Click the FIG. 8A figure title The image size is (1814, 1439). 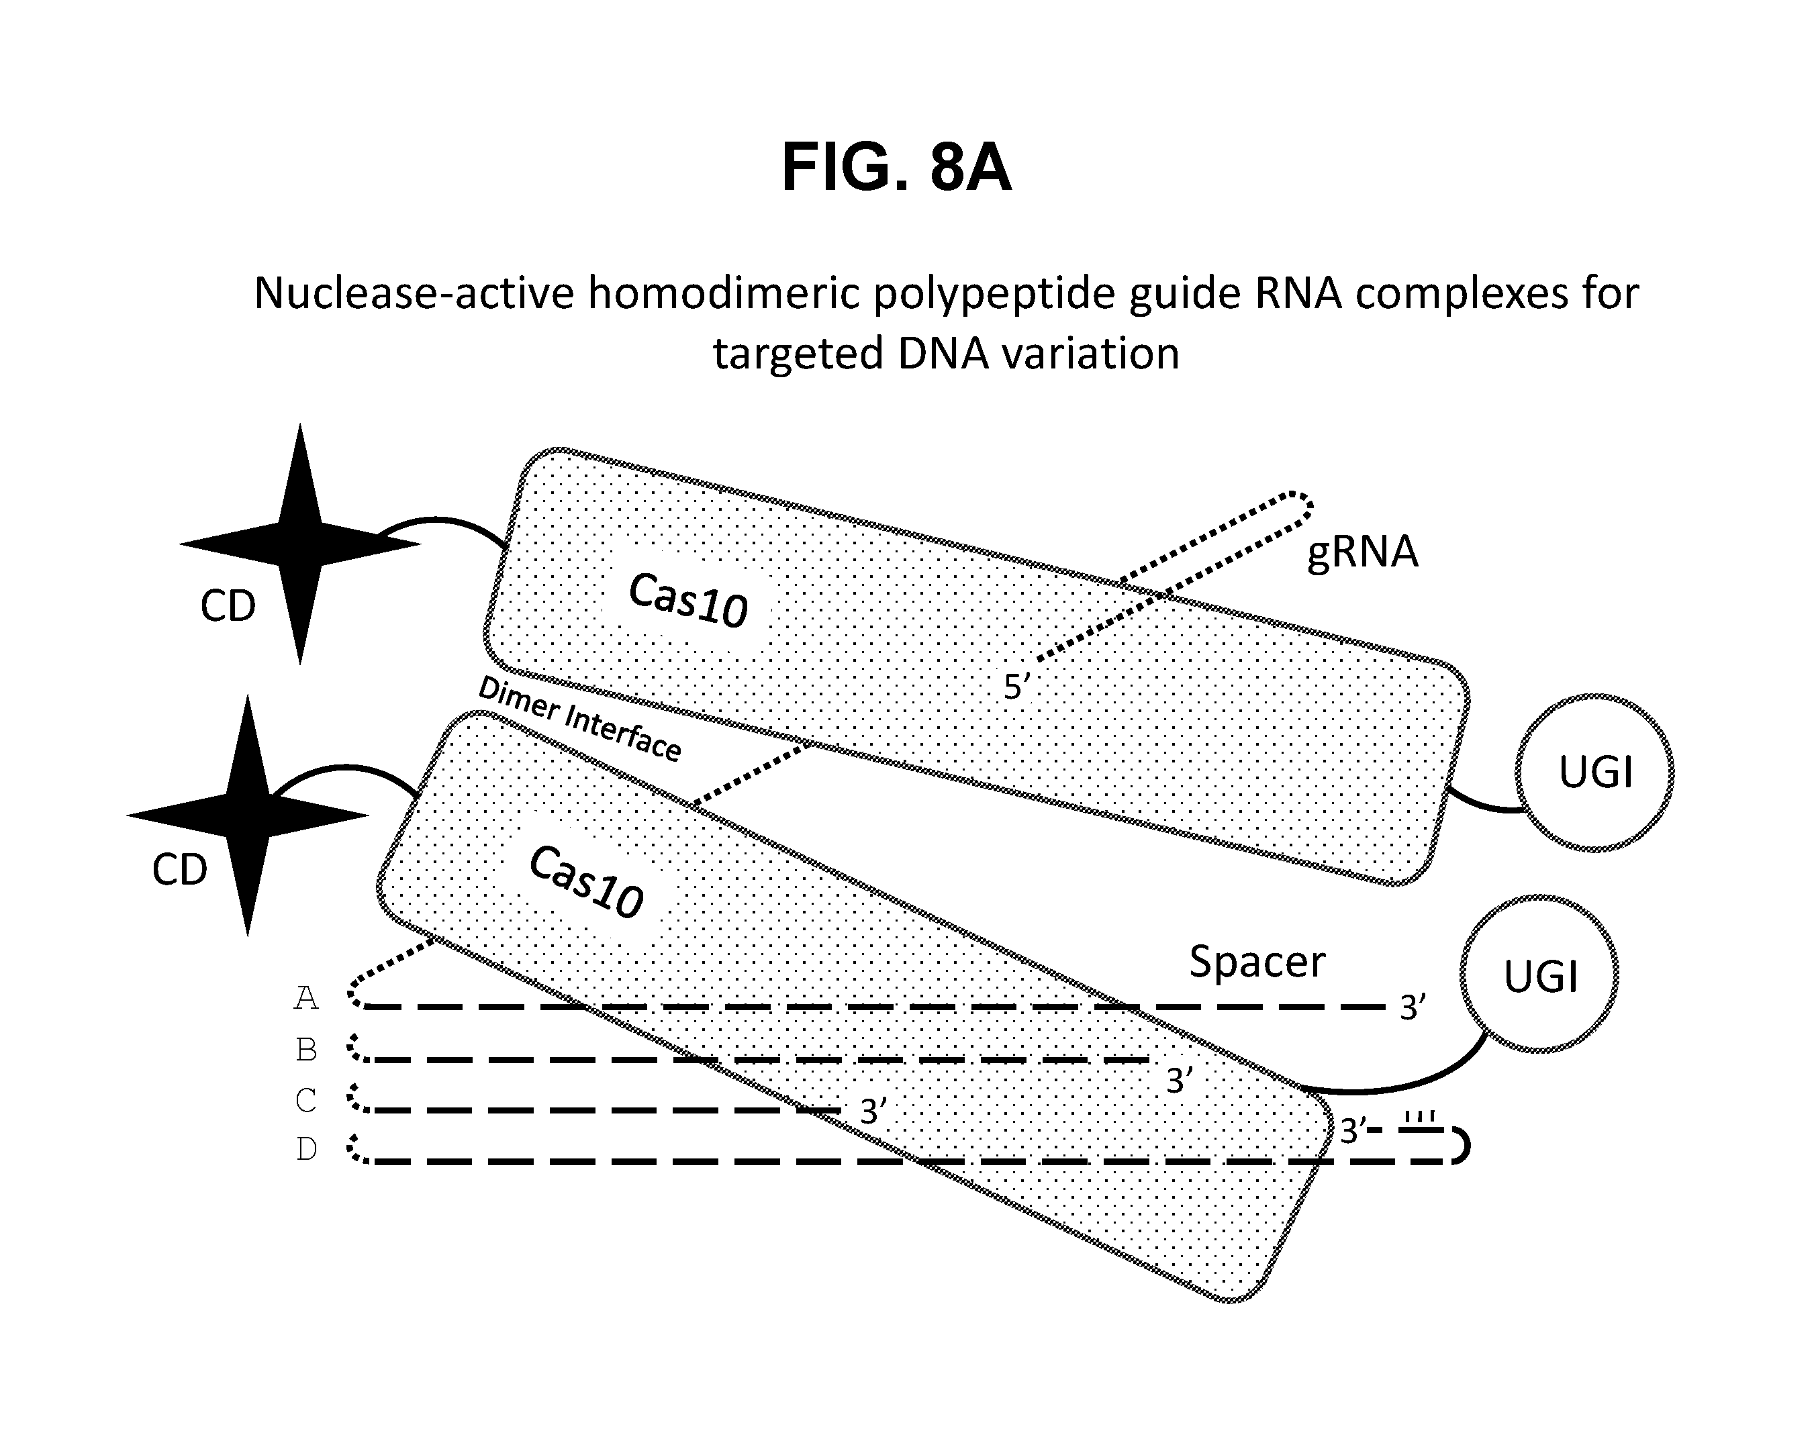point(896,168)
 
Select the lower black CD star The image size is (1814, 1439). point(247,815)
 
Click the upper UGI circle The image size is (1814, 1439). point(1594,772)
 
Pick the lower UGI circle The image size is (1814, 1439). point(1539,975)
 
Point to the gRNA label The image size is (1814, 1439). point(1362,552)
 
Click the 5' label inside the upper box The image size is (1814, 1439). point(1016,687)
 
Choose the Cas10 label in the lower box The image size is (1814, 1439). point(587,882)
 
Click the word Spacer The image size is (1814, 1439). point(1257,960)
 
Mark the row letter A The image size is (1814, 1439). point(306,998)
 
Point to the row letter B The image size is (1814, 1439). point(306,1050)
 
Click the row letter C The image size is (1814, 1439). point(306,1100)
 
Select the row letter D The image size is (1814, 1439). point(306,1149)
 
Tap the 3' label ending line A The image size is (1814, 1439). point(1412,1007)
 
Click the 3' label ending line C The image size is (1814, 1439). point(873,1112)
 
